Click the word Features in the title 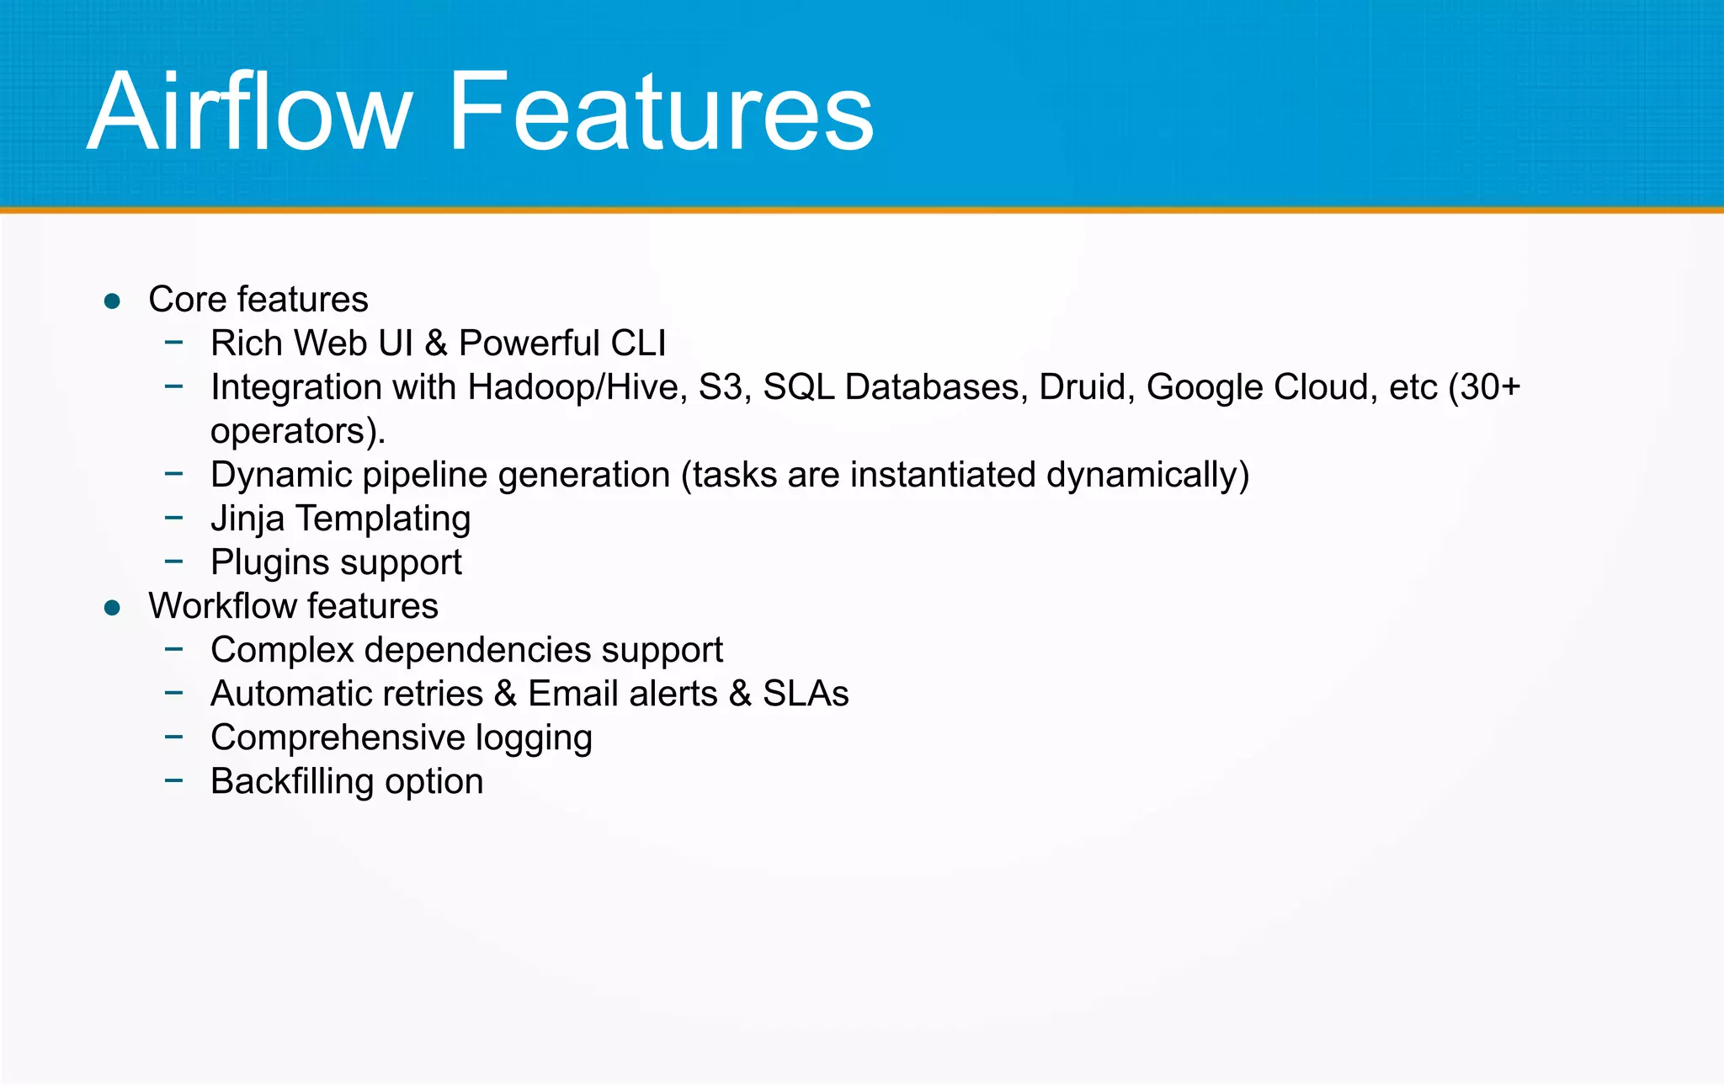pos(661,112)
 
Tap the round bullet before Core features pos(112,301)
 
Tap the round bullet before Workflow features pos(112,608)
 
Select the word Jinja pos(247,519)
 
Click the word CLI pos(637,343)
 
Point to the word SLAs pos(806,694)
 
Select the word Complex pos(282,650)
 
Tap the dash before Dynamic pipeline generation pos(174,474)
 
